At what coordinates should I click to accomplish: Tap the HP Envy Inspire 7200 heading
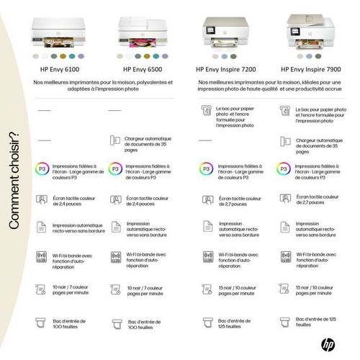point(226,70)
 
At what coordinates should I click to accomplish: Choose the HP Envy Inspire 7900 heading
point(309,70)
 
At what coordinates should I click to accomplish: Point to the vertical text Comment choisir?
point(13,180)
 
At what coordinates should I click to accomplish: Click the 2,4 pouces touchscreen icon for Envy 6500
point(115,199)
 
